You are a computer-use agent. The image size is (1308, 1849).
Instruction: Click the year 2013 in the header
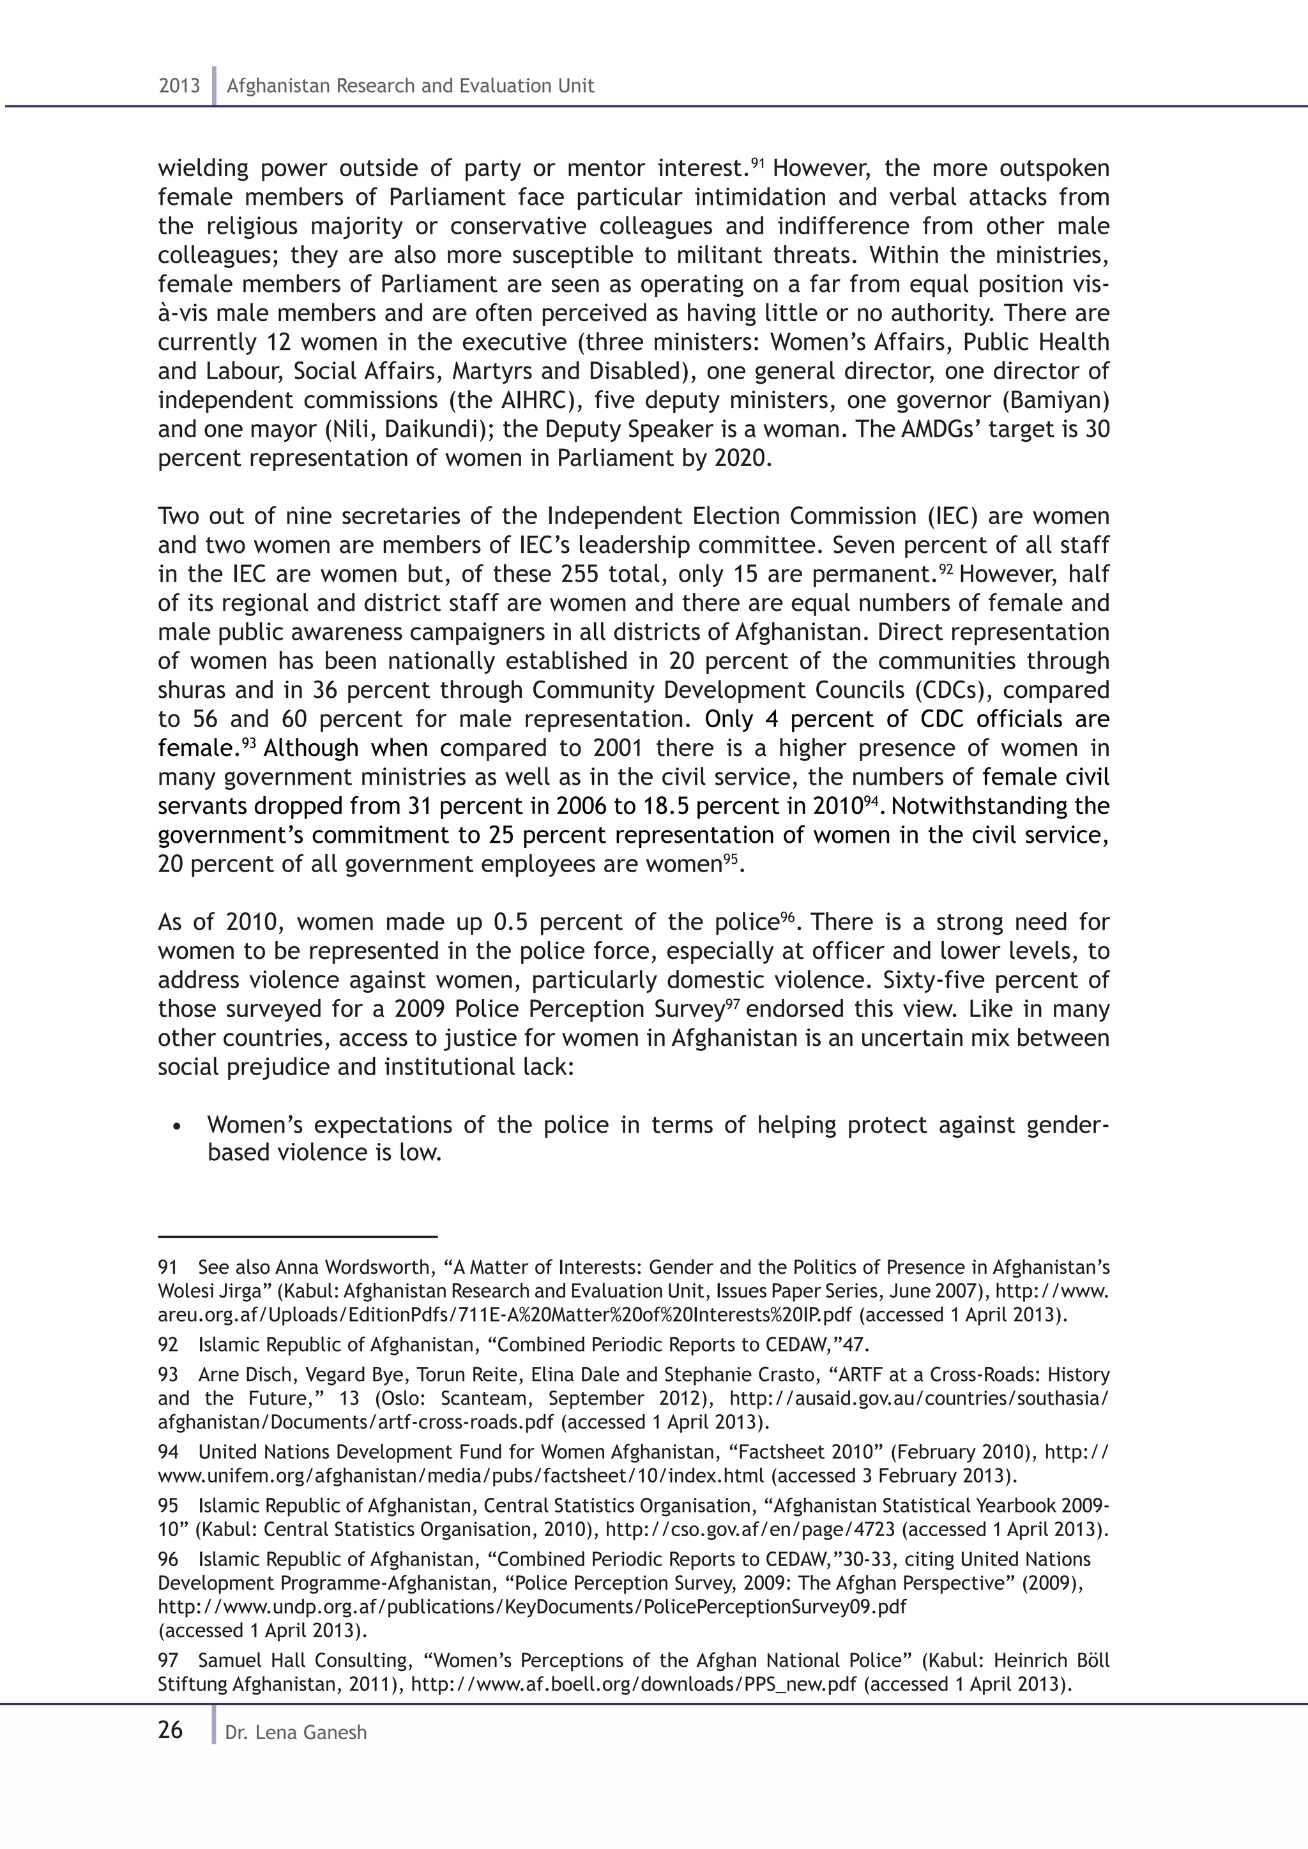(x=179, y=86)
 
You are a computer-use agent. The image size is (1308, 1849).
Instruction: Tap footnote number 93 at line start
(x=169, y=1375)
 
